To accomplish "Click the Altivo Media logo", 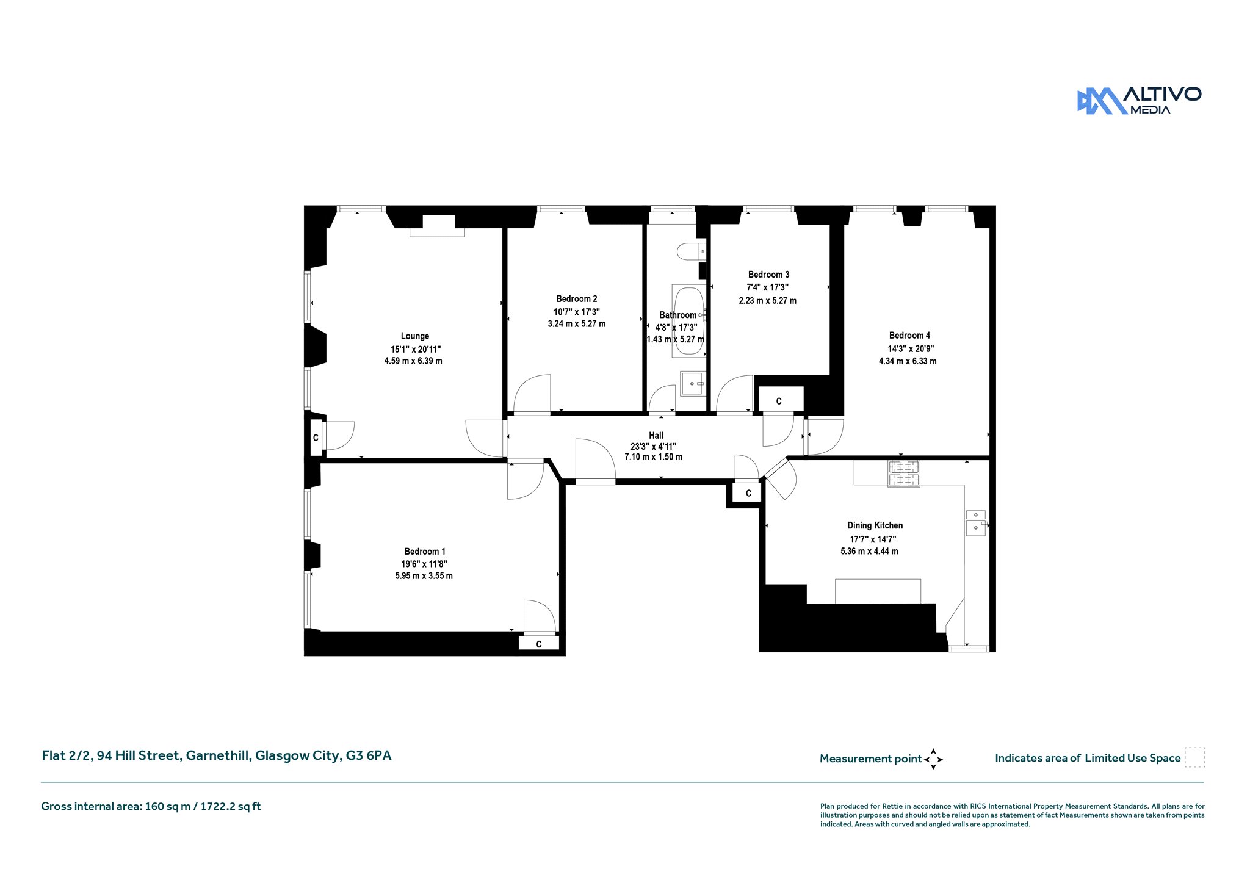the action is [1139, 100].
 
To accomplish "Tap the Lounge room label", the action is [415, 336].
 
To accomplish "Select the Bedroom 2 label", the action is [577, 299].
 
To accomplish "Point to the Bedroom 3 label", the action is [768, 275].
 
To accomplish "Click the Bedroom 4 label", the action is [909, 336].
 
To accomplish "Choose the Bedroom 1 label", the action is [425, 552].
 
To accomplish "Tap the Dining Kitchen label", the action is [875, 525].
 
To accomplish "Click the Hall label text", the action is [656, 436].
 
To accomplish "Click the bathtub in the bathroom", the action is [689, 322].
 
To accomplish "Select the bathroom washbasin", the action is [693, 384].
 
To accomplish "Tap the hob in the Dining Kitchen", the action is [903, 474].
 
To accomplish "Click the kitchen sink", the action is [975, 522].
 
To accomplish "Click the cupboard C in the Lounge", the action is [316, 438].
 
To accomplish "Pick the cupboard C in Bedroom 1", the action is [539, 644].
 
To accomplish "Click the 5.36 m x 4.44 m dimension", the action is [869, 552].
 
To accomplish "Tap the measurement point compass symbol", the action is [933, 759].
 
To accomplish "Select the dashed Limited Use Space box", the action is [1194, 757].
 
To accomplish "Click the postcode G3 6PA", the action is [369, 755].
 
